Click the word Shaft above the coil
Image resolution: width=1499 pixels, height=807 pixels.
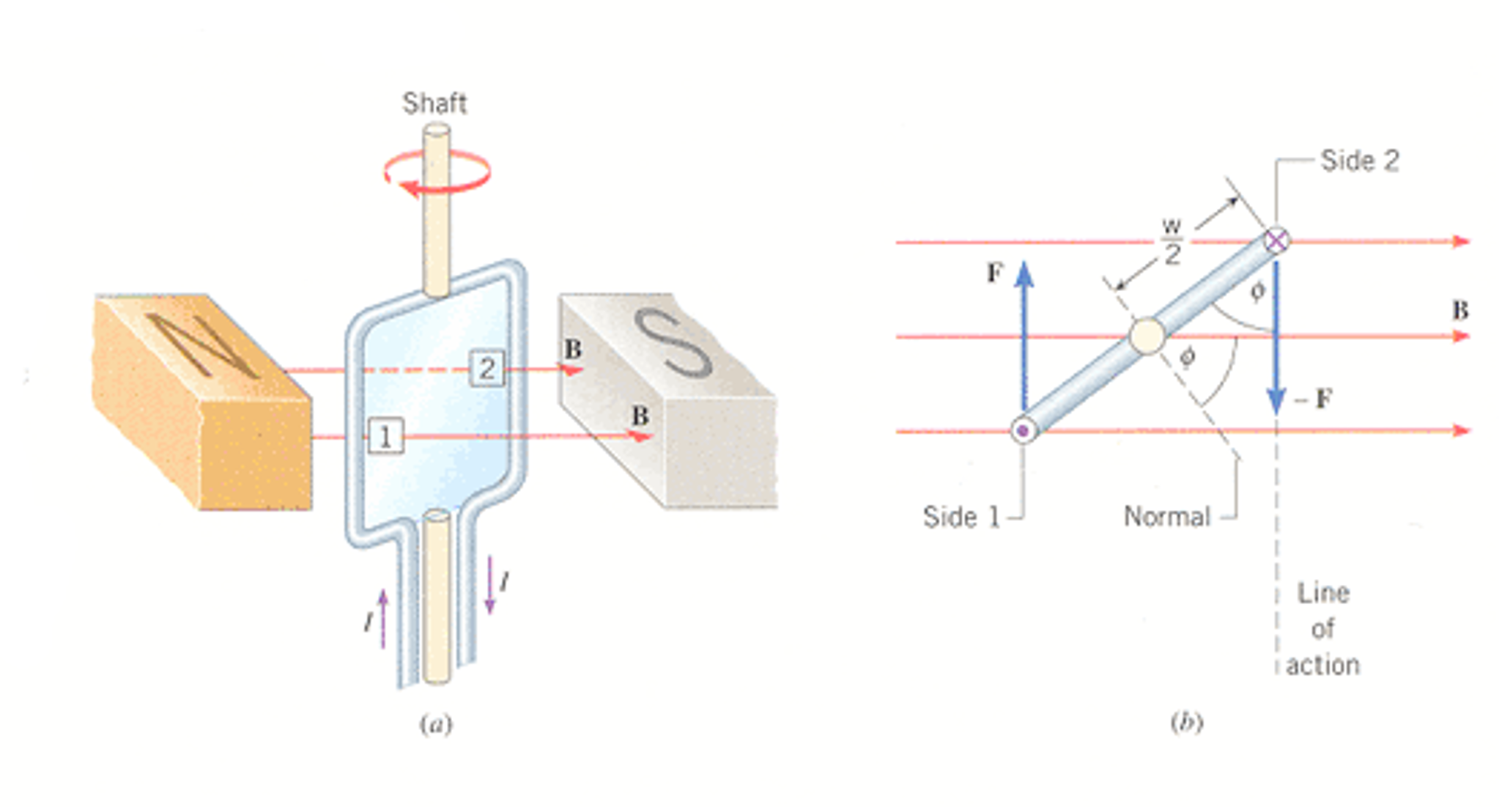(x=434, y=103)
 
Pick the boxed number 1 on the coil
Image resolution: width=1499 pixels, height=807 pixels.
(x=385, y=436)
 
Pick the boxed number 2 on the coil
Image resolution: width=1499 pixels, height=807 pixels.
(x=487, y=369)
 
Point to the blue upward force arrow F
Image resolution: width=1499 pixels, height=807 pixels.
(x=1024, y=337)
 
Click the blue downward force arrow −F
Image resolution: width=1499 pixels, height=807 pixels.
(x=1276, y=337)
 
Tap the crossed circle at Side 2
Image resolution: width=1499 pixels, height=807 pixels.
(x=1276, y=240)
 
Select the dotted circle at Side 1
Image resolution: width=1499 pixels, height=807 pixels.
(x=1024, y=430)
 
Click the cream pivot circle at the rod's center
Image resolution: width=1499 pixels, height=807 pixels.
(x=1147, y=336)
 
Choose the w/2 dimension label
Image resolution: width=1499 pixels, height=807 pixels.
(x=1172, y=242)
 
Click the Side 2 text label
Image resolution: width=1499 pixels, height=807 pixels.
(x=1360, y=161)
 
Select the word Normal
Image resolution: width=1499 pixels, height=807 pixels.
(x=1167, y=517)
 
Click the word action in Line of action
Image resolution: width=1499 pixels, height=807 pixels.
(x=1323, y=666)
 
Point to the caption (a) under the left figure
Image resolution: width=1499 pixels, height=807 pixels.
(x=436, y=725)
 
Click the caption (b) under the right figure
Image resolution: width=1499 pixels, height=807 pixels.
(x=1187, y=723)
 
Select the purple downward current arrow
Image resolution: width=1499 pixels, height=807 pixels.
(x=490, y=585)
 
